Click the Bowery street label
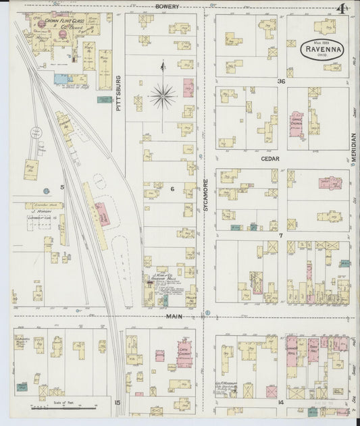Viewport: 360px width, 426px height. pyautogui.click(x=166, y=6)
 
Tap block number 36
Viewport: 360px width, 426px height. pyautogui.click(x=279, y=81)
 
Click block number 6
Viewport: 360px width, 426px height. pyautogui.click(x=172, y=188)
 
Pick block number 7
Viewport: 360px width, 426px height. pyautogui.click(x=280, y=236)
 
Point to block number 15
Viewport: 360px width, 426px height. pyautogui.click(x=117, y=403)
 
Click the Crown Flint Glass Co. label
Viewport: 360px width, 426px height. pyautogui.click(x=64, y=25)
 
